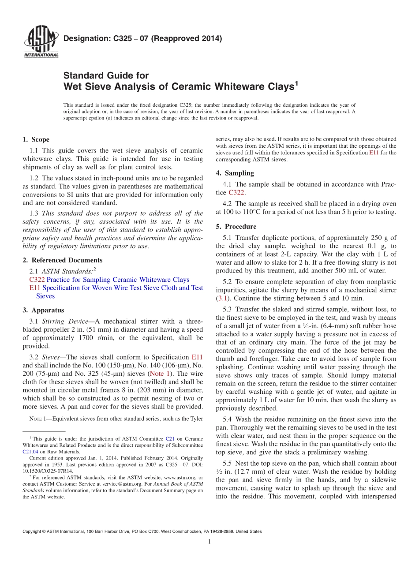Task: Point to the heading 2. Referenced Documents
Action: coord(62,260)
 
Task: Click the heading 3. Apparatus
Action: coord(43,310)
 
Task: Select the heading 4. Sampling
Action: coord(235,173)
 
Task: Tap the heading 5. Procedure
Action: coord(236,226)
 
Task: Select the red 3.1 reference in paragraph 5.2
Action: coord(224,298)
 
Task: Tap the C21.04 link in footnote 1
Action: coord(30,452)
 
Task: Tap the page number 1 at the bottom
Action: coord(209,542)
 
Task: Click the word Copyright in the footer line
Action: coord(33,531)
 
